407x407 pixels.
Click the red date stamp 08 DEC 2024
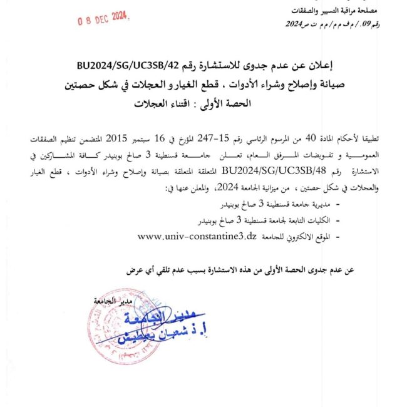102,19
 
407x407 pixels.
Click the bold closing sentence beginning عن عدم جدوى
239,270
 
